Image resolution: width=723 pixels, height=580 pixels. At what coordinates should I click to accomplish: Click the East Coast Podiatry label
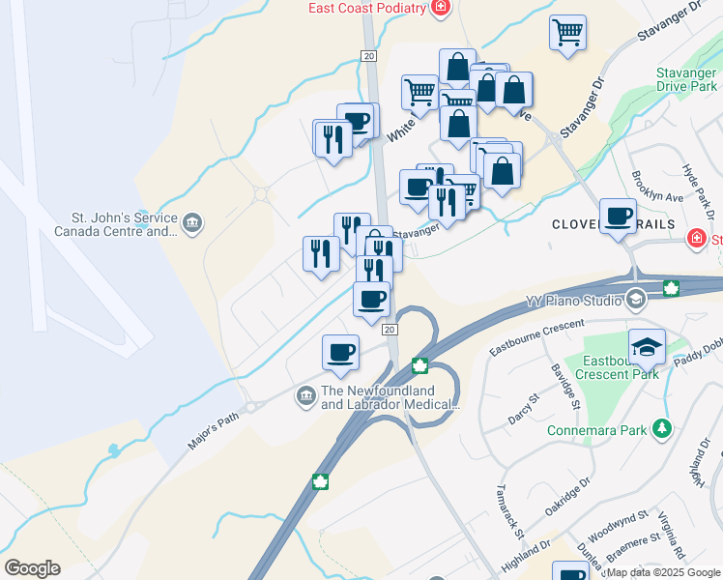pyautogui.click(x=366, y=8)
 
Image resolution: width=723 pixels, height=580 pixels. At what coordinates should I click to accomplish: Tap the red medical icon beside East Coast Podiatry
pyautogui.click(x=441, y=8)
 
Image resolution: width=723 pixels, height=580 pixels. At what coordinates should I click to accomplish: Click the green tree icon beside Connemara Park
pyautogui.click(x=661, y=428)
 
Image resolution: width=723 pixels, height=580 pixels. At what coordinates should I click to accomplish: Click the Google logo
pyautogui.click(x=32, y=568)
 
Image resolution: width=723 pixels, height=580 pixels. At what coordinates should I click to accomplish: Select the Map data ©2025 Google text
pyautogui.click(x=662, y=572)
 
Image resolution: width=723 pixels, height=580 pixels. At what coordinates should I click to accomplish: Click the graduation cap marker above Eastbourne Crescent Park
pyautogui.click(x=647, y=345)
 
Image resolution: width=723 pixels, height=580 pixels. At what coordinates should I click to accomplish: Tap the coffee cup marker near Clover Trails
pyautogui.click(x=619, y=217)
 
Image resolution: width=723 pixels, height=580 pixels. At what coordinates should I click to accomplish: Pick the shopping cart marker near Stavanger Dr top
pyautogui.click(x=568, y=32)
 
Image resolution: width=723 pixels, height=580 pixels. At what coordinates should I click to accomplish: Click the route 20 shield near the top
pyautogui.click(x=368, y=57)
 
